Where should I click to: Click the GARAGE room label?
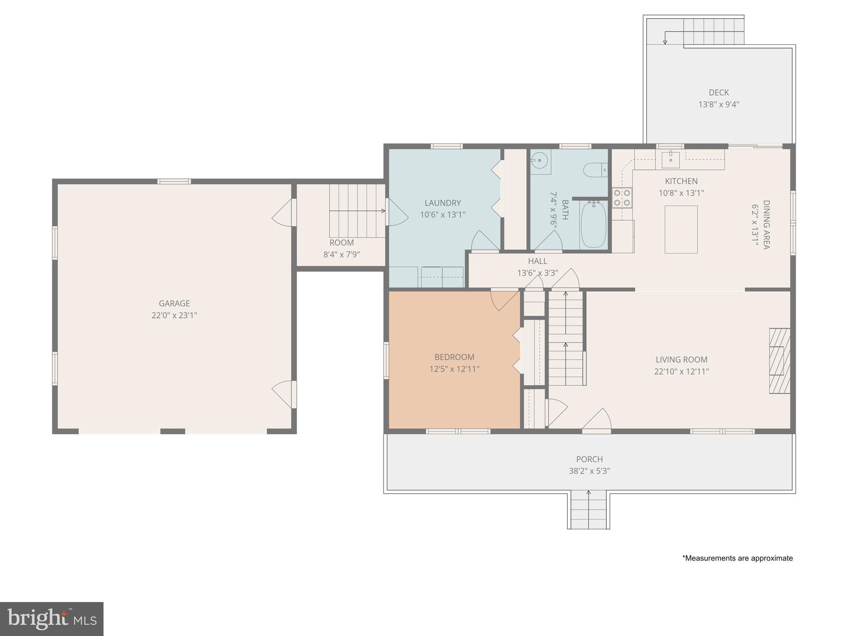174,304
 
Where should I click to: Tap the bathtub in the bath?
593,225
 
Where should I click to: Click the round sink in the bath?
540,160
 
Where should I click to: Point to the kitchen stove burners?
622,198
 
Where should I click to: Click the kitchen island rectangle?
681,229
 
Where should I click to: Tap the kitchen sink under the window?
670,159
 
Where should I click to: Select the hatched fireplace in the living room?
779,361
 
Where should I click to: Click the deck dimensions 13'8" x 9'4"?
718,104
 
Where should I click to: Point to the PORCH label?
589,459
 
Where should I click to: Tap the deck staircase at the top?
713,31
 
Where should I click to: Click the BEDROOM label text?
454,357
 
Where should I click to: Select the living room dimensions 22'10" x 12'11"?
681,371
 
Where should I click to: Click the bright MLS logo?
51,619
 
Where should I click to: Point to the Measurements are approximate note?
737,558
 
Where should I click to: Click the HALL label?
537,261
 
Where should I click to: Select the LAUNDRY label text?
443,203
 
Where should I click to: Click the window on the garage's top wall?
174,181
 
